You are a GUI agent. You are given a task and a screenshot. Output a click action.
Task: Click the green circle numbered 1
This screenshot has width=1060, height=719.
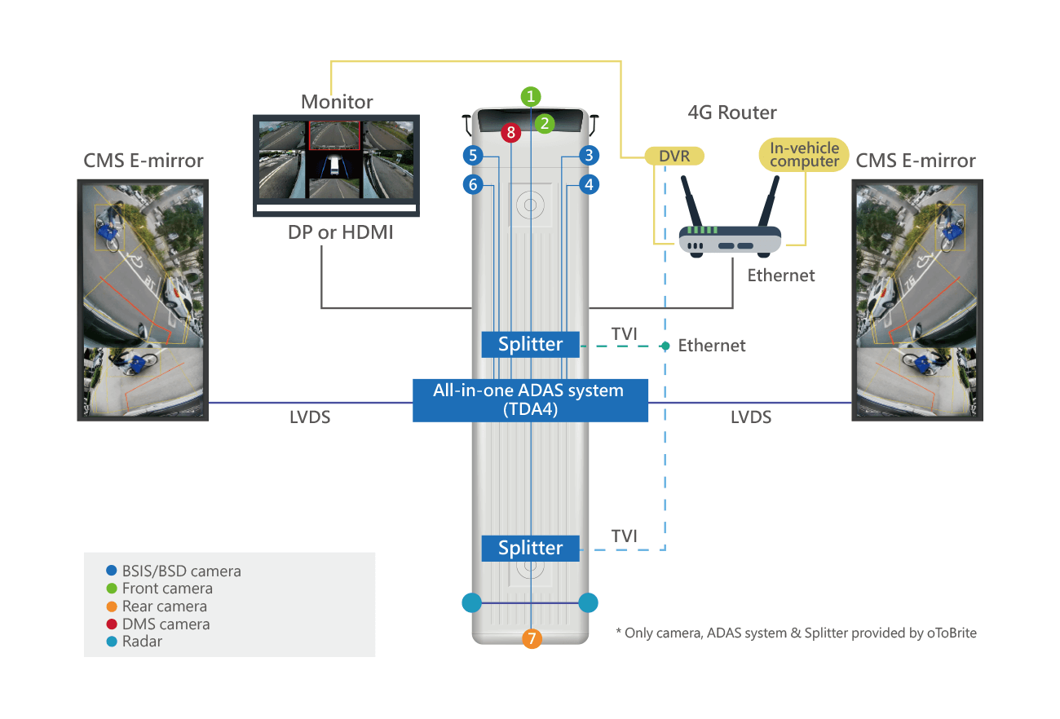point(531,96)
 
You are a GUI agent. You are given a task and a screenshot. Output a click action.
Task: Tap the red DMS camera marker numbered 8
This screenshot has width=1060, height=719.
point(510,131)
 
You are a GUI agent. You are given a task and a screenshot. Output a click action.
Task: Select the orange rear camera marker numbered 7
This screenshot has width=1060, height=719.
point(531,637)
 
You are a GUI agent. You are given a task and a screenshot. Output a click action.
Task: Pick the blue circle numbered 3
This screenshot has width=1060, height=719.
point(589,154)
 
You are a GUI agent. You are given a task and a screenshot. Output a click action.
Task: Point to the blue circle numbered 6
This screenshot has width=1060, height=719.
point(472,185)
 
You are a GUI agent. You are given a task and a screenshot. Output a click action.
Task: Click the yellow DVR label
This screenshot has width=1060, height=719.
point(674,155)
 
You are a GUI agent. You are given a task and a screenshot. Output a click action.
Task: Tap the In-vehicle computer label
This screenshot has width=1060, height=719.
point(804,154)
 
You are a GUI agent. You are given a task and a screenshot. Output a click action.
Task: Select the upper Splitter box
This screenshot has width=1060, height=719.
point(530,344)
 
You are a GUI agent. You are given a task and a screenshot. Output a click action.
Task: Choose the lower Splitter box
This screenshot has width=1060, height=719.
point(530,548)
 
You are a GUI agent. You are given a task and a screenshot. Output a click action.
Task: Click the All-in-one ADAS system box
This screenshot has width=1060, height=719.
point(530,399)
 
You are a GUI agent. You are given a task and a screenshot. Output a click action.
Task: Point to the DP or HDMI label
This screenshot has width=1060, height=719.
point(341,232)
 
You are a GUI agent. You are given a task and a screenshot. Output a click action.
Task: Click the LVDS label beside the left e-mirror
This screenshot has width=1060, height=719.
point(310,417)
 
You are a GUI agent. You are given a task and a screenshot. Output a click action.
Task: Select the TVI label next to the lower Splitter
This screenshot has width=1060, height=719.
point(625,536)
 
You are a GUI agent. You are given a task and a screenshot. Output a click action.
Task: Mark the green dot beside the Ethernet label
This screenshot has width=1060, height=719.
point(665,346)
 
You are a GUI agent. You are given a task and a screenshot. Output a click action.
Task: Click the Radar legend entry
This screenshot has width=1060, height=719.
point(142,642)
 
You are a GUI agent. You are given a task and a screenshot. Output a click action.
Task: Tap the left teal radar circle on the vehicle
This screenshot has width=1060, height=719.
point(472,602)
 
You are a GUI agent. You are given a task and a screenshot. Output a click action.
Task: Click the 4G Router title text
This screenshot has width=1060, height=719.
point(732,112)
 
